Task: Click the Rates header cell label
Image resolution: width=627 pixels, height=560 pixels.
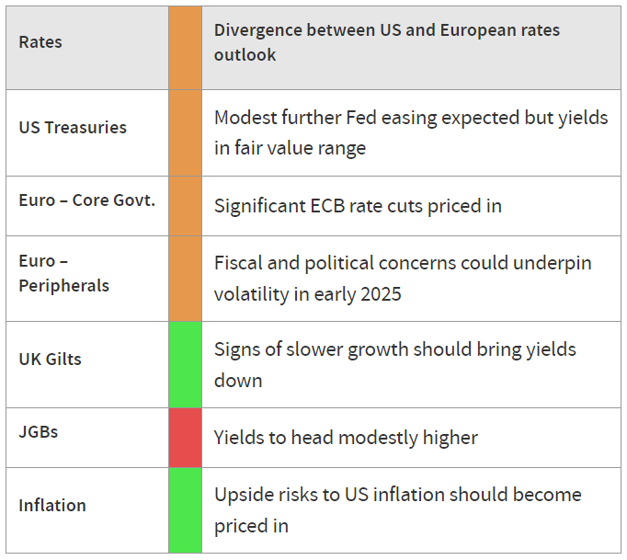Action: (40, 42)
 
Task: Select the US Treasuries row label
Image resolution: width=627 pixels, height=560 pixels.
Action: (73, 128)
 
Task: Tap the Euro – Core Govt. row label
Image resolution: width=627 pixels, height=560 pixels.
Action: (86, 200)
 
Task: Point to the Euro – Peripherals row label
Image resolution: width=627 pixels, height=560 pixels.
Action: (64, 274)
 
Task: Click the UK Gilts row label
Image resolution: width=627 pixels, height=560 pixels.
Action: (50, 360)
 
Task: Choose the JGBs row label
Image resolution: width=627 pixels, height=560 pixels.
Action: (39, 432)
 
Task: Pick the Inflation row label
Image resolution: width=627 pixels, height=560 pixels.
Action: (52, 506)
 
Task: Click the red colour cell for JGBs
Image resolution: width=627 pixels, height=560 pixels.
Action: (185, 438)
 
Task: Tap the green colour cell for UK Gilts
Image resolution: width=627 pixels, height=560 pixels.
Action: (185, 364)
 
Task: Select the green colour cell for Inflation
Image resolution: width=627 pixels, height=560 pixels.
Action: (185, 510)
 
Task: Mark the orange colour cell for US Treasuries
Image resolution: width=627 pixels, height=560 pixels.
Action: (185, 132)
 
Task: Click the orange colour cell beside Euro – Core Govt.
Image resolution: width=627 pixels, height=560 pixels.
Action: (185, 206)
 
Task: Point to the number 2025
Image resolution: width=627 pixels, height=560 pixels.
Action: (382, 294)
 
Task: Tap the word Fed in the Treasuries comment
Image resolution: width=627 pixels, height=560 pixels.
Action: (361, 118)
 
